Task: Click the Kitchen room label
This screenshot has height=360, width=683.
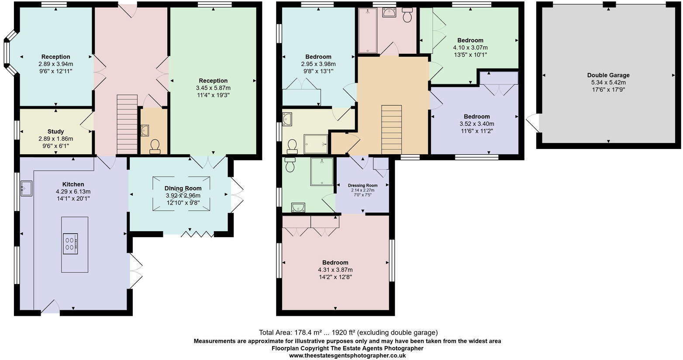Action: click(73, 184)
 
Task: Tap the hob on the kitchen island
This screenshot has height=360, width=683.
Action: click(70, 243)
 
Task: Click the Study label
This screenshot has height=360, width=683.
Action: click(56, 132)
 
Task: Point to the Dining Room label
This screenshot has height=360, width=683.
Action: click(183, 188)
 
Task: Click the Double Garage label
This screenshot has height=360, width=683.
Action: click(608, 75)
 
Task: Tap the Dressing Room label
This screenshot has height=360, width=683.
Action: click(362, 185)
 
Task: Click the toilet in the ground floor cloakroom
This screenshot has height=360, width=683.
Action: click(155, 147)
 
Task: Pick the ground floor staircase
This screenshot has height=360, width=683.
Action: click(127, 125)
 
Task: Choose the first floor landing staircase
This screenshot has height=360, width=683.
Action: click(391, 129)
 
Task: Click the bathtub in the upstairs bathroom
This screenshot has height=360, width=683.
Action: click(366, 31)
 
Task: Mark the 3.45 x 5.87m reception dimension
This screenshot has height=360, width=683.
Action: click(213, 88)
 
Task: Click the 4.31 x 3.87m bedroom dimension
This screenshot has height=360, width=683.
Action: click(335, 270)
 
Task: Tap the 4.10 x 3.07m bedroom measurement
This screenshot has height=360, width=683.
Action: click(470, 48)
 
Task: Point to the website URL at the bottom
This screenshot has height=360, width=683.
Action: click(347, 356)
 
